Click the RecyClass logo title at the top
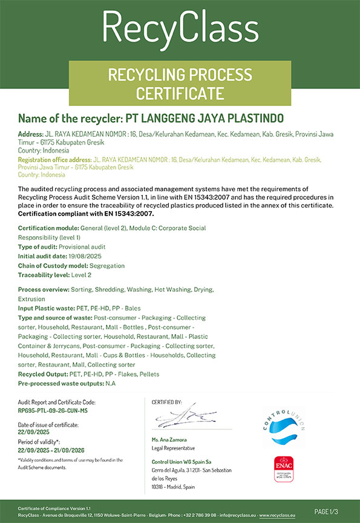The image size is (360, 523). click(180, 27)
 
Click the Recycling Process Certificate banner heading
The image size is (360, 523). click(180, 84)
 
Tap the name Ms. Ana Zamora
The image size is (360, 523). click(169, 439)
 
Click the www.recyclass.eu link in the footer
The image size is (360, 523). click(277, 515)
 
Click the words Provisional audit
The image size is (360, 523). click(85, 247)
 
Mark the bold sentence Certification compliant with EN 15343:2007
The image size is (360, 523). click(87, 214)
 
